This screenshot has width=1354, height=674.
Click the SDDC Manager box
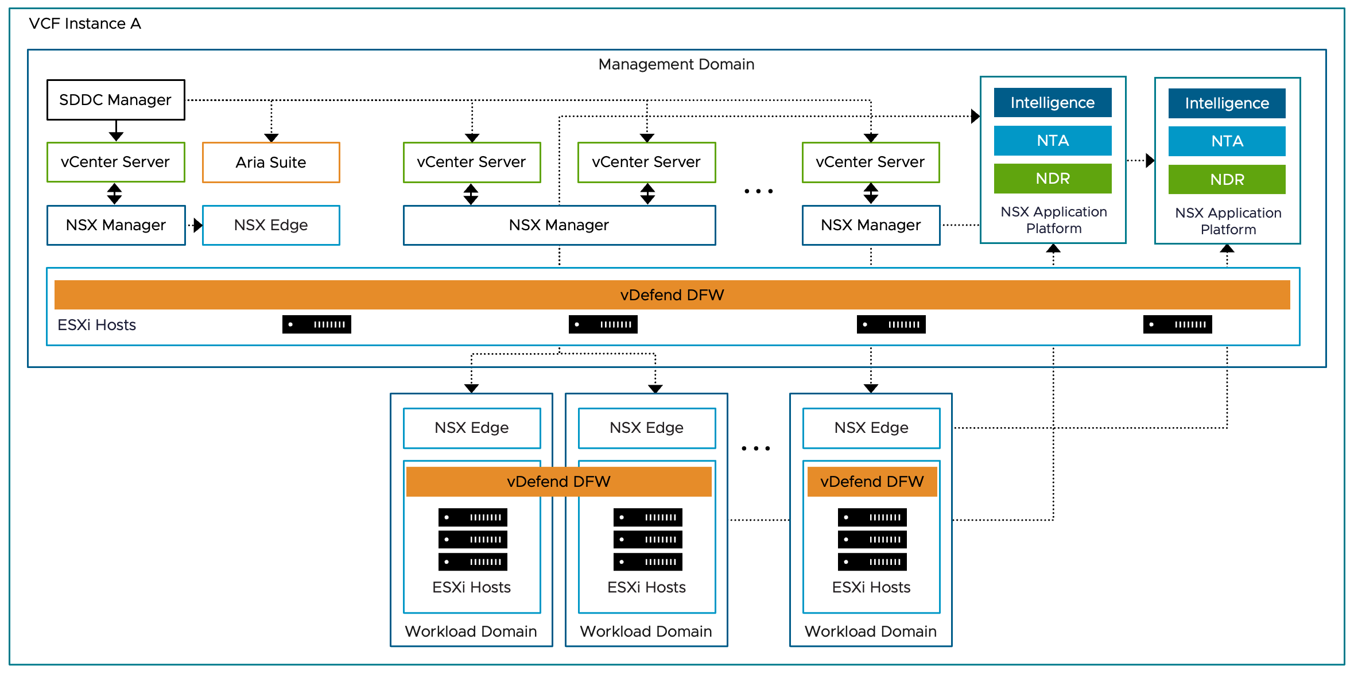115,100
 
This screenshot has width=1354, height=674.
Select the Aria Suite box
270,162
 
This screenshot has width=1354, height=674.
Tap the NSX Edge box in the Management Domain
270,225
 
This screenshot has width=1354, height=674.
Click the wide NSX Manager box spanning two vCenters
558,225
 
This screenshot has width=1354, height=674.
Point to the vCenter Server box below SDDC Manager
115,162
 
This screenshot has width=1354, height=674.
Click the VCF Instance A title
85,24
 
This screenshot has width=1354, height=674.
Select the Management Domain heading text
676,64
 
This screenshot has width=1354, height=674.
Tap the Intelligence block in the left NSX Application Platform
1052,103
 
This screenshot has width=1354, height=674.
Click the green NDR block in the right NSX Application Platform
1227,180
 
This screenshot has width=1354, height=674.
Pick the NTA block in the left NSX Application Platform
1052,141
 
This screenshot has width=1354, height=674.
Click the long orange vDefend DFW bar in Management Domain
672,295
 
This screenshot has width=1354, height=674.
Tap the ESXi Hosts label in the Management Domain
96,325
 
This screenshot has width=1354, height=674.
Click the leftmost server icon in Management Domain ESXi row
316,324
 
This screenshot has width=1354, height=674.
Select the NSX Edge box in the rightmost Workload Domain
871,428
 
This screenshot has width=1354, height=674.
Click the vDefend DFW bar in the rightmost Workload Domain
871,482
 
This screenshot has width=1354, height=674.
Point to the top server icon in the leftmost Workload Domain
472,517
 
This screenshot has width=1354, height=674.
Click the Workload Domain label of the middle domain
646,632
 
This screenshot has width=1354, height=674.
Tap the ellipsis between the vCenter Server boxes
758,191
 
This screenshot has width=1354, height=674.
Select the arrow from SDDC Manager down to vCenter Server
116,131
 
